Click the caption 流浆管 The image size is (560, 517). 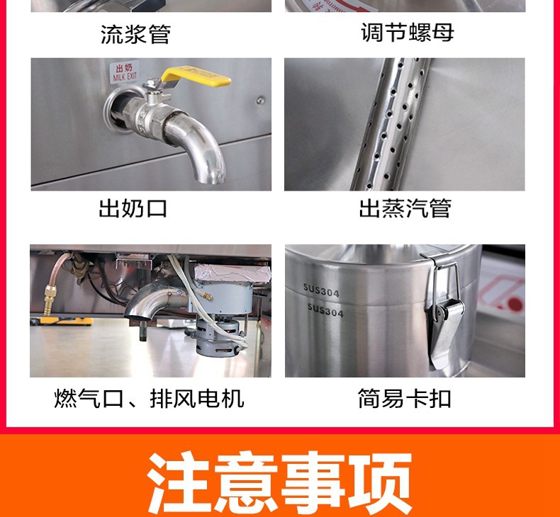pyautogui.click(x=135, y=34)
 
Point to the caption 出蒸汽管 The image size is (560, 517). pyautogui.click(x=405, y=209)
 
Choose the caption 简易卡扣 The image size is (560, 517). pyautogui.click(x=405, y=399)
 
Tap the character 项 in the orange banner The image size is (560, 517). pyautogui.click(x=379, y=482)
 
